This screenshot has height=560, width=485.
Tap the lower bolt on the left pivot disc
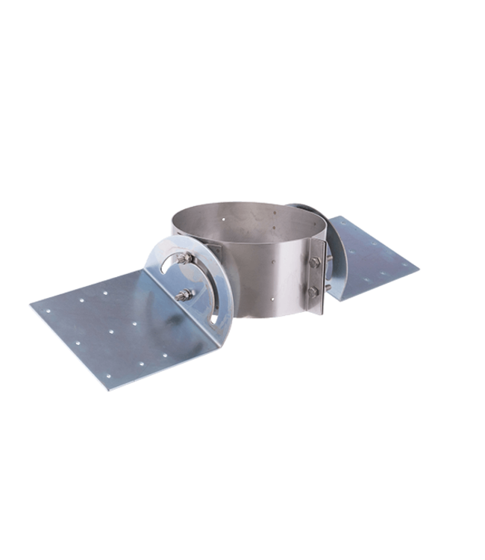[x=183, y=293]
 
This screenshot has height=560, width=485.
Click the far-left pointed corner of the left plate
[x=30, y=304]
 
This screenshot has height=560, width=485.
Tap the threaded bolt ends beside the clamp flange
[x=328, y=276]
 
